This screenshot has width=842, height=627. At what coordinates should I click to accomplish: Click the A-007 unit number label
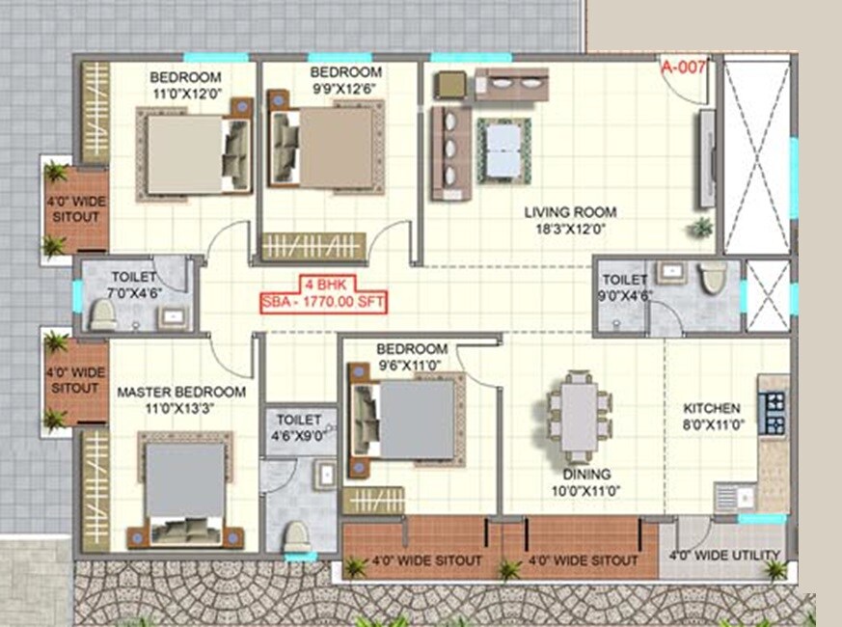tap(684, 68)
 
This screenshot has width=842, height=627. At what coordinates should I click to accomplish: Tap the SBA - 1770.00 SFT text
tap(324, 302)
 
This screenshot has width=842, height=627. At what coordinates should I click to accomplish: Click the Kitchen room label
tap(713, 408)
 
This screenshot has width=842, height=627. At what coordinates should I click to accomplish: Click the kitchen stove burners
tap(774, 411)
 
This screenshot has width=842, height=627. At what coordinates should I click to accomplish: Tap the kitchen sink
tap(733, 497)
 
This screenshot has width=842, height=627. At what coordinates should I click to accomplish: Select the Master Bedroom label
tap(180, 393)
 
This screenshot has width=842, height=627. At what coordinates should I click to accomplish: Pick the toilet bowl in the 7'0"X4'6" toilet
tap(102, 313)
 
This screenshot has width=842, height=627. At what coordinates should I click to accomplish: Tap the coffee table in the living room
tap(503, 150)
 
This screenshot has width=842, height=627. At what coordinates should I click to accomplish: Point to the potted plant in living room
tap(701, 228)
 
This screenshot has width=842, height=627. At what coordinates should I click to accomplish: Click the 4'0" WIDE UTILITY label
tap(723, 555)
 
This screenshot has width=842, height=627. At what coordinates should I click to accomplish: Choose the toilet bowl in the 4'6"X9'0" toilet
tap(297, 535)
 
